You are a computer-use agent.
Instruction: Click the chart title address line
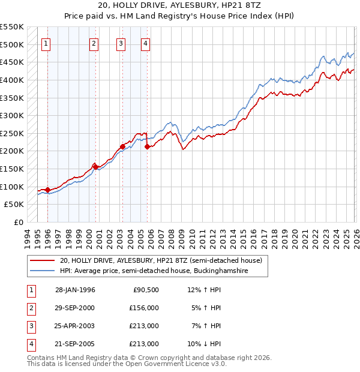(x=180, y=5)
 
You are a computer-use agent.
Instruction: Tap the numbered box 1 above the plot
(x=47, y=43)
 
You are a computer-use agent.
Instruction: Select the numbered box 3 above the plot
(x=121, y=43)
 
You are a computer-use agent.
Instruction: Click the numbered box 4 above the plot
(x=146, y=43)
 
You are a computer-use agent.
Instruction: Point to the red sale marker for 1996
(x=47, y=190)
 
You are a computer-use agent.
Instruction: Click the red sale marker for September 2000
(x=95, y=166)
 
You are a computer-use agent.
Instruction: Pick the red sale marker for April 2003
(x=122, y=146)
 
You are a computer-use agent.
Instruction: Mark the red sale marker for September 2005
(x=147, y=146)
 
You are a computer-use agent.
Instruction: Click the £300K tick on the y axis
(x=12, y=115)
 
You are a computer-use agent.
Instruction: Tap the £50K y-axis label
(x=14, y=205)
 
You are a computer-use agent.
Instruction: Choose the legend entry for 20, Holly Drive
(x=161, y=261)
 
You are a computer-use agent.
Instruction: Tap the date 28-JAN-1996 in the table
(x=75, y=290)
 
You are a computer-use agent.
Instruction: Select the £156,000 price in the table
(x=144, y=308)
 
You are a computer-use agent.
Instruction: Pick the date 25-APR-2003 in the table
(x=75, y=326)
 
